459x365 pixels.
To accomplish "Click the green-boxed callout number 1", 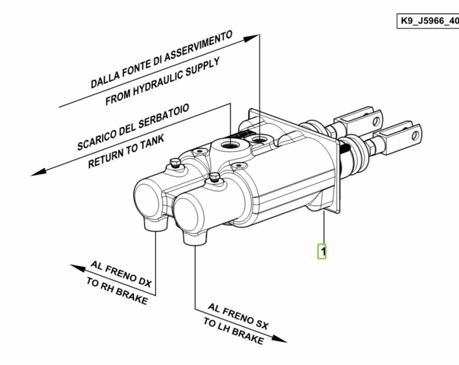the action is click(x=322, y=251).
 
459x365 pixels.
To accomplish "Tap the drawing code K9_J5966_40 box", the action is click(x=428, y=21).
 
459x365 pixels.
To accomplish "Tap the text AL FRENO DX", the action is click(x=121, y=274).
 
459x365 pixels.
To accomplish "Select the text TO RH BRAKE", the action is click(x=117, y=290).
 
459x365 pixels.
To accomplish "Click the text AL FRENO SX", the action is click(x=237, y=317).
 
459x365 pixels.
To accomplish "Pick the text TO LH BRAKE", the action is click(x=234, y=331).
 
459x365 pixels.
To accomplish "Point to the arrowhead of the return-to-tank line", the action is click(x=39, y=172).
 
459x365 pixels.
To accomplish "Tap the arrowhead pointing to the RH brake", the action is click(x=78, y=268).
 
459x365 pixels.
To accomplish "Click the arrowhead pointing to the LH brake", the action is click(x=279, y=339).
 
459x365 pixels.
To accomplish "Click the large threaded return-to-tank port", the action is click(x=230, y=144).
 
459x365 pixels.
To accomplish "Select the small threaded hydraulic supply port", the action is click(x=259, y=138).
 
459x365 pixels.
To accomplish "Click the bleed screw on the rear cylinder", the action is click(x=175, y=163).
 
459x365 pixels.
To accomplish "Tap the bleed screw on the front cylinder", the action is click(x=215, y=177).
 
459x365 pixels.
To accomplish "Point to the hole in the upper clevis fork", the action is click(x=377, y=121).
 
